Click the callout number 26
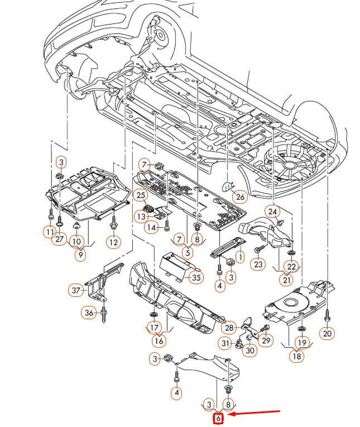(x=239, y=196)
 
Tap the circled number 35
(x=195, y=277)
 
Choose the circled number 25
(x=141, y=195)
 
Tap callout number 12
(x=113, y=242)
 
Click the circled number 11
(x=50, y=232)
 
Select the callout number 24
(x=272, y=212)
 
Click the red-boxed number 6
(x=219, y=418)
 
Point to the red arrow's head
(x=230, y=414)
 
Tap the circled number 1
(x=240, y=257)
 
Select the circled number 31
(x=225, y=343)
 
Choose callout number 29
(x=265, y=340)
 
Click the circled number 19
(x=302, y=342)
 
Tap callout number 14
(x=151, y=227)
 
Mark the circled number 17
(x=154, y=327)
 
